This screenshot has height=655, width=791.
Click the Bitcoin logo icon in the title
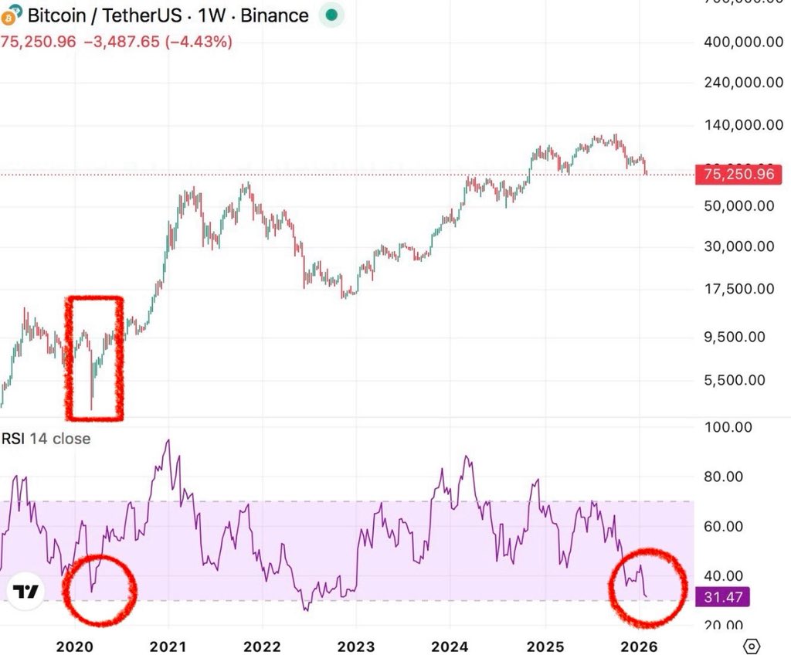pos(12,15)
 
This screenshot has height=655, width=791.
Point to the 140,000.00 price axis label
pos(739,124)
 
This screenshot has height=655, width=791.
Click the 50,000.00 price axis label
pos(739,205)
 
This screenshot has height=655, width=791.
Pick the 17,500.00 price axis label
pos(739,289)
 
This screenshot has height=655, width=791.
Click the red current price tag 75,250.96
pos(735,175)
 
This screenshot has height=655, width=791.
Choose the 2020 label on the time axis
pos(76,645)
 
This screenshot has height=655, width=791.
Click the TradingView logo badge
pos(27,592)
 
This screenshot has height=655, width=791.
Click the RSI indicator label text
pos(46,439)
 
